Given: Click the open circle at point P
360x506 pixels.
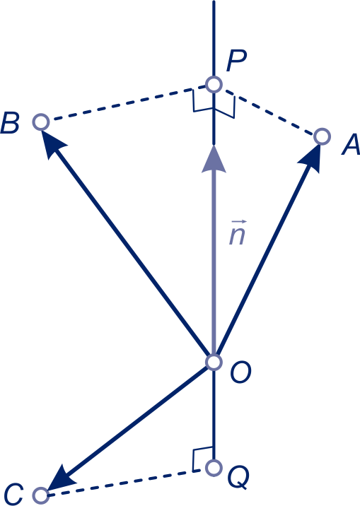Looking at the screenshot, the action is point(214,85).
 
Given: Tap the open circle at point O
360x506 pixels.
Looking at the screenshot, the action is point(214,362).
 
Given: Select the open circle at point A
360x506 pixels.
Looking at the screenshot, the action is point(322,136).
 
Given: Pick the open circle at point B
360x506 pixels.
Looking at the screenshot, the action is point(41,122).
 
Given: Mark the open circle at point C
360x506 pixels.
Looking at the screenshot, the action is point(41,495).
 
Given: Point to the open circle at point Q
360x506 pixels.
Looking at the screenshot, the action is point(214,468).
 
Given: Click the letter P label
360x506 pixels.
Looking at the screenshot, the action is point(236,61).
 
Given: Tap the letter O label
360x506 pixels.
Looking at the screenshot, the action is point(240,372).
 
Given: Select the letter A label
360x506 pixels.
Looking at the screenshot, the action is point(351,144).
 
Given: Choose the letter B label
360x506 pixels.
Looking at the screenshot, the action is point(10,123).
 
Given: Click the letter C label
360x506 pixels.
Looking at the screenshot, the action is point(13,495).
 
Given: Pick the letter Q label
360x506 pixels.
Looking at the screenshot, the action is point(238,478).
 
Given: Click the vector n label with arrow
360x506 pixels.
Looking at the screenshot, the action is point(238,233).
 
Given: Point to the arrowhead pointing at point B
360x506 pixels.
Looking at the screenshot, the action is point(52,144).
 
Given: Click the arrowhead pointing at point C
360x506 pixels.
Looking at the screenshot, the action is point(60,479).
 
